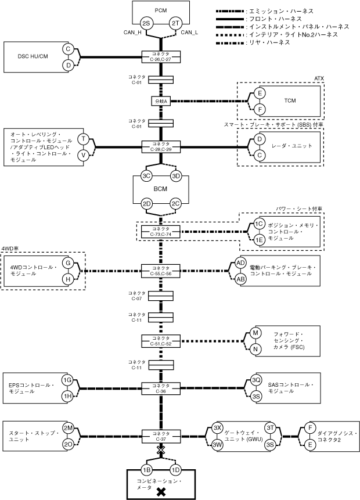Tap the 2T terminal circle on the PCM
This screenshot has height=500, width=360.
(175, 24)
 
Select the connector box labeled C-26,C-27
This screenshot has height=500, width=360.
(161, 57)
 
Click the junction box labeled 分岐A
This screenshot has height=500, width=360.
(161, 101)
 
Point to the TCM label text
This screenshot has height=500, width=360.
(290, 101)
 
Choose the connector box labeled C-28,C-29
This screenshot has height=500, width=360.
(161, 147)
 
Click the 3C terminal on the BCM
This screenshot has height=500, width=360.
(146, 176)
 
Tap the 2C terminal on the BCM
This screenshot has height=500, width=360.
(175, 204)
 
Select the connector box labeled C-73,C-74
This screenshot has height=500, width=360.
(161, 232)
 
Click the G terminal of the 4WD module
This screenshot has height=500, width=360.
(68, 263)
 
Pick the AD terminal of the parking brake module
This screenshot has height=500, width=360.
(241, 262)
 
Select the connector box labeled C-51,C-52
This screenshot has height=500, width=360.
(161, 341)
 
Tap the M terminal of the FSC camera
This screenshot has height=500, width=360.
(255, 333)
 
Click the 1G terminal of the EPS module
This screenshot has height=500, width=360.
(67, 380)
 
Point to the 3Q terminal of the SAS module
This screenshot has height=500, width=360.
(256, 380)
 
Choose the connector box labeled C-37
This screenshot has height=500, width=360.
(161, 436)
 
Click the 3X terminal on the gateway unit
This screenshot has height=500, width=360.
(218, 428)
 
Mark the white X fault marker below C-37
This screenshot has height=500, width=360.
(161, 450)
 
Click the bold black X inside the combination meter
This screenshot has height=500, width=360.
(161, 492)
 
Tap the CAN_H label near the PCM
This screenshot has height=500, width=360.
(132, 33)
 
